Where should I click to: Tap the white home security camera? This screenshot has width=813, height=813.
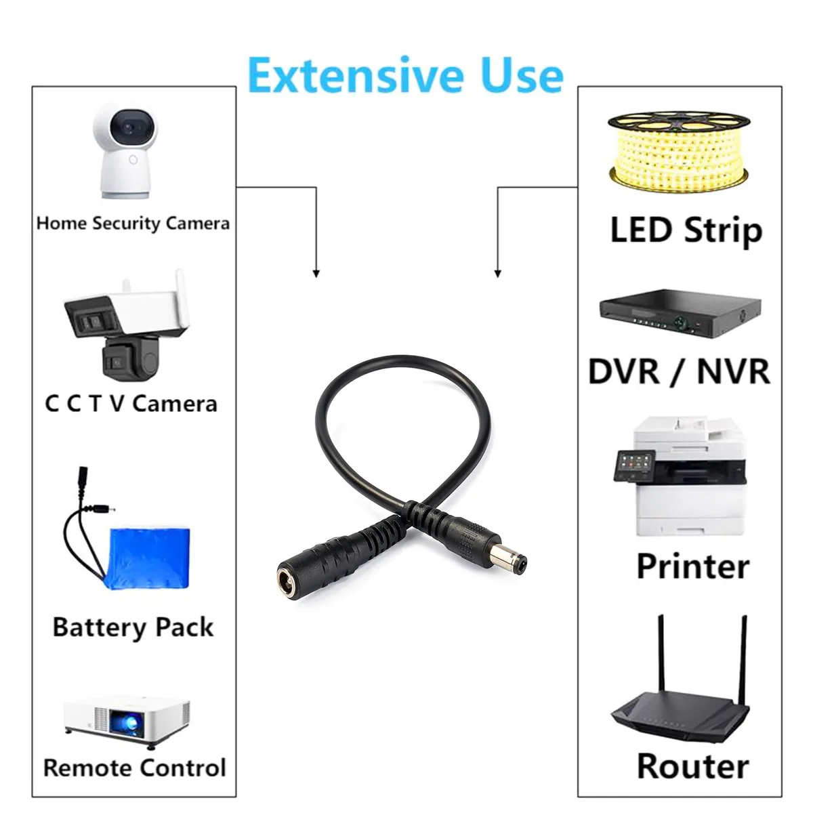pos(125,150)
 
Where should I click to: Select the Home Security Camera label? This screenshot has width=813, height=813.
pos(133,223)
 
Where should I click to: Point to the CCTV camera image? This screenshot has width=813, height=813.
pos(126,325)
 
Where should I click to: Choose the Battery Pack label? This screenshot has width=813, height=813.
pos(133,627)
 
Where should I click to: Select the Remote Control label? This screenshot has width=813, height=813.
pos(135,768)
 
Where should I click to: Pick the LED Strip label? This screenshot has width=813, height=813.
pos(686,230)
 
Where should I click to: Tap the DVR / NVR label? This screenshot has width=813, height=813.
pos(680,371)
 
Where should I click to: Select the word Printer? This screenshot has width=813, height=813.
pos(693,566)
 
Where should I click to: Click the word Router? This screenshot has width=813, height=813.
pos(693,766)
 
